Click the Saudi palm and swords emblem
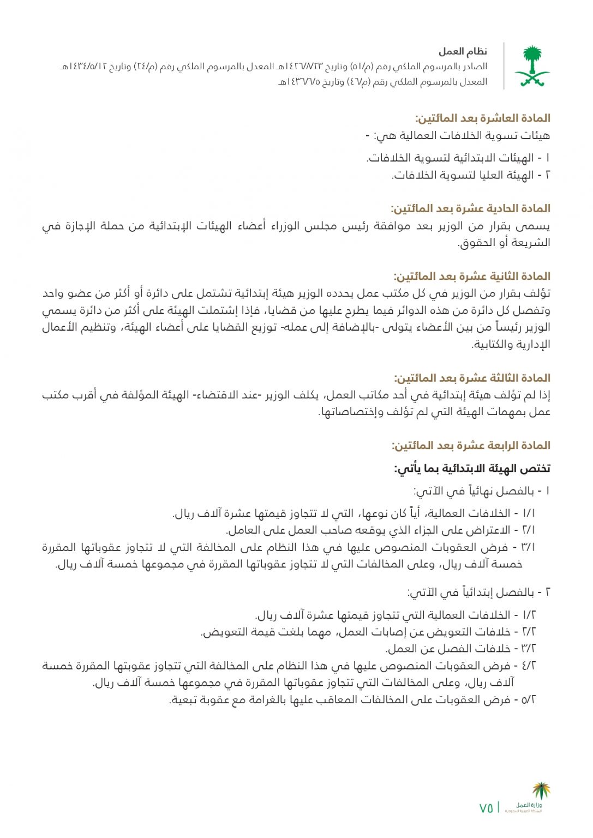[532, 67]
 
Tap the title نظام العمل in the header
[463, 52]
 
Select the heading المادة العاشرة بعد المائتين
[482, 118]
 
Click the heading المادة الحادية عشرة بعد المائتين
[470, 208]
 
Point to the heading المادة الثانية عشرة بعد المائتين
[472, 276]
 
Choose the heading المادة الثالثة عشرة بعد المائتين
[472, 378]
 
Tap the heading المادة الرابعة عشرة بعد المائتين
[471, 445]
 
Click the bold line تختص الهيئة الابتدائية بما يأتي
[472, 468]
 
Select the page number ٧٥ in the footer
[486, 808]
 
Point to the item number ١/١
[529, 513]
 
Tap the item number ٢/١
[529, 530]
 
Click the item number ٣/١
[529, 547]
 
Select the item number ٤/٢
[529, 666]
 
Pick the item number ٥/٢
[529, 699]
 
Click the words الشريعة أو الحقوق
[504, 243]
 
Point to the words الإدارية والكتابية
[511, 344]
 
